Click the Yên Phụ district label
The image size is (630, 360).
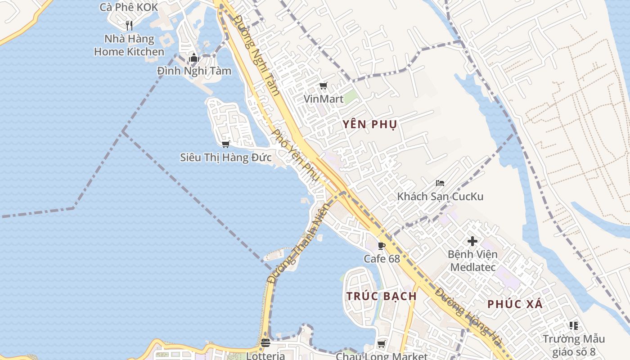pos(369,125)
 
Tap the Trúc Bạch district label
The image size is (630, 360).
pos(381,296)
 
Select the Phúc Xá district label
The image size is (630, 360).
pos(515,304)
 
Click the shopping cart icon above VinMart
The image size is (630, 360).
pos(323,85)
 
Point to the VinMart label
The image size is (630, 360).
pos(323,99)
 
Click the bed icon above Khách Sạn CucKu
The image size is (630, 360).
pos(440,183)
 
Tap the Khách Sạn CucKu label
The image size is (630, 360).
pos(440,197)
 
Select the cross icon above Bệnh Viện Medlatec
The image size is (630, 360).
pos(472,241)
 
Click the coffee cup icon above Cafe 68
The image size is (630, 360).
pos(382,246)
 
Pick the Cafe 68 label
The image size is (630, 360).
pos(382,259)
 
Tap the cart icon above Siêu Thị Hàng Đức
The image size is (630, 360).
pos(225,144)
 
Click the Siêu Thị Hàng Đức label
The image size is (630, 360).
pos(225,157)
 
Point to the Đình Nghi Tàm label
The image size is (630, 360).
pos(194,71)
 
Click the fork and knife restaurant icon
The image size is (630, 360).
pos(129,25)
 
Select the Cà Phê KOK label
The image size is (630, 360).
pos(129,7)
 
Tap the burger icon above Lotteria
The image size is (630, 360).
pos(265,343)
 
